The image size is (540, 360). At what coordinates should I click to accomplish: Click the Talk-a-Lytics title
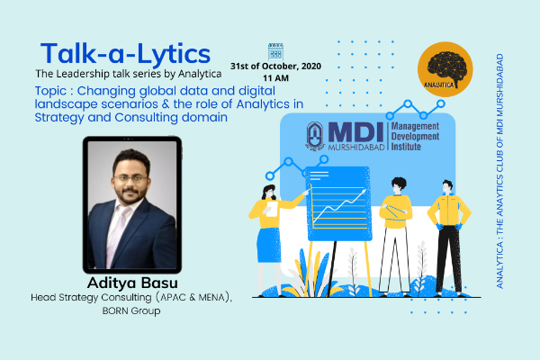pos(125,54)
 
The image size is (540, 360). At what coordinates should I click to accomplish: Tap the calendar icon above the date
pos(275,51)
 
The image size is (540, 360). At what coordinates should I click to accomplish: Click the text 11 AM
pos(275,78)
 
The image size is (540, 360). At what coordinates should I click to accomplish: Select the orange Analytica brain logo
pos(445,69)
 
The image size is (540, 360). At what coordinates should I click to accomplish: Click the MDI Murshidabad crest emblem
pos(315,136)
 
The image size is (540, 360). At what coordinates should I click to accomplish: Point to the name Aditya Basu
pos(132,283)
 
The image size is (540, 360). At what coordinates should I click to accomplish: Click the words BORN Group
pos(131,310)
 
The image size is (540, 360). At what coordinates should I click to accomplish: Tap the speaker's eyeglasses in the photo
pos(130,178)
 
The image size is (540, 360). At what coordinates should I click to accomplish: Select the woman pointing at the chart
pos(272,239)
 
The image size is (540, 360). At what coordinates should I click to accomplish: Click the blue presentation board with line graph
pos(339,204)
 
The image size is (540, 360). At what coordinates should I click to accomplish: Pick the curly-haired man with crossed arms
pos(395,237)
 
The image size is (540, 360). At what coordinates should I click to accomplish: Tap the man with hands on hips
pos(449,238)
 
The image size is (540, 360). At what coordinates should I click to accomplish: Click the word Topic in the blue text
pos(50,91)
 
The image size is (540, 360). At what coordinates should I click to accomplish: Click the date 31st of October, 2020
pos(275,66)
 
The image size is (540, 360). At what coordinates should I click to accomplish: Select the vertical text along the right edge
pos(499,171)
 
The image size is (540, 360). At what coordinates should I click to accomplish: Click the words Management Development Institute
pos(415,137)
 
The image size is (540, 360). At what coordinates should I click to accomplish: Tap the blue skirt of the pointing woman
pos(269,245)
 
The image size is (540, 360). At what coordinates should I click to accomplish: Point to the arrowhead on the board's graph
pos(363,192)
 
